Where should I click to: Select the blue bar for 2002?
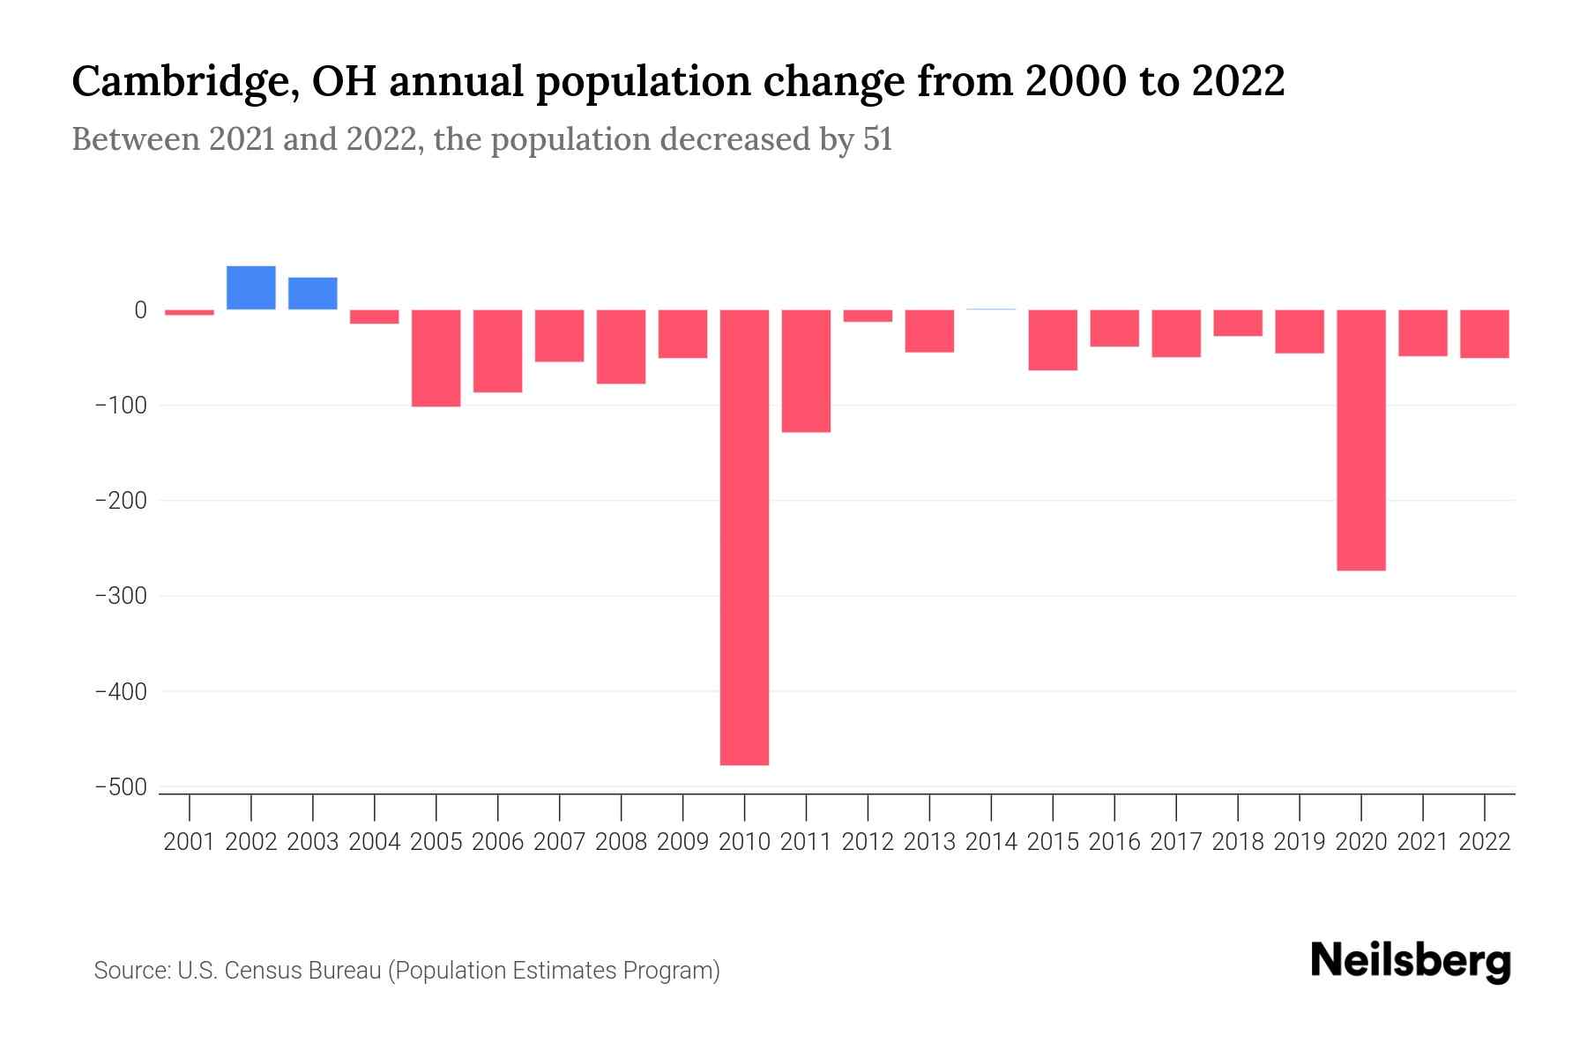pos(251,288)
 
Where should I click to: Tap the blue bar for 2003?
pos(313,294)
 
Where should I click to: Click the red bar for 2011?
pos(806,370)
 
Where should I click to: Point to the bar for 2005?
pos(436,357)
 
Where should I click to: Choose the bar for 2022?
pos(1485,333)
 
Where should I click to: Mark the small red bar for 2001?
pos(190,312)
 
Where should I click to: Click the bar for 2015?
pos(1053,339)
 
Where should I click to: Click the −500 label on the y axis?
pos(121,786)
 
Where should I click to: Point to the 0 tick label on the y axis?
pos(140,309)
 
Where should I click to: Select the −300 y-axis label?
pos(121,596)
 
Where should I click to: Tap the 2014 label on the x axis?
pos(991,842)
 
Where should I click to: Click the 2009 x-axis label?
pos(682,842)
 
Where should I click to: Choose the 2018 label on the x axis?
pos(1238,842)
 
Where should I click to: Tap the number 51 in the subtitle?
pos(877,139)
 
